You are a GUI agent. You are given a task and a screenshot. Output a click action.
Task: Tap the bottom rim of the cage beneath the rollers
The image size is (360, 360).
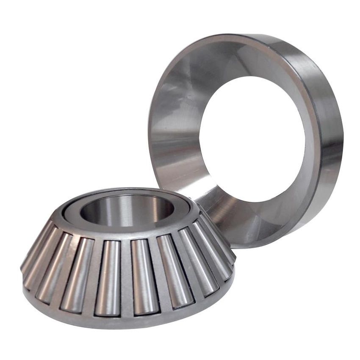point(127,322)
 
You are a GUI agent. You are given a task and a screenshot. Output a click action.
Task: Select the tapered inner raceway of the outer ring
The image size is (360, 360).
point(178,106)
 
